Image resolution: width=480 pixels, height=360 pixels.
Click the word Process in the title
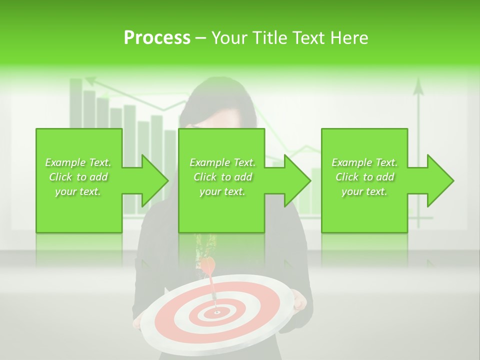coord(157,38)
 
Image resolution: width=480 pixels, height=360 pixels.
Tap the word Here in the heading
coord(348,38)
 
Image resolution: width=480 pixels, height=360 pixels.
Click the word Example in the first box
coord(65,162)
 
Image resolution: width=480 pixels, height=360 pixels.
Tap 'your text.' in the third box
coord(364,191)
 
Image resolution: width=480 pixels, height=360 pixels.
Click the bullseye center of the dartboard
coord(217,312)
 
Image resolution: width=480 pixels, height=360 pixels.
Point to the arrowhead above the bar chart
coord(90,80)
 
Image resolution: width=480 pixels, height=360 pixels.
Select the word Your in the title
coord(227,38)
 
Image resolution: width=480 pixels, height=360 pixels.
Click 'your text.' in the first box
coord(78,191)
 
